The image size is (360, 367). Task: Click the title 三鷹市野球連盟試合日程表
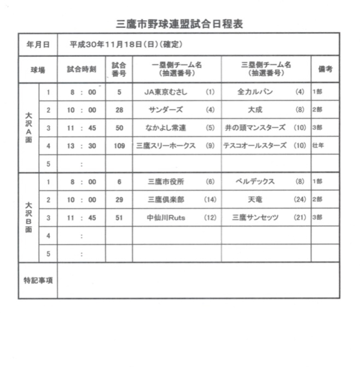[180, 24]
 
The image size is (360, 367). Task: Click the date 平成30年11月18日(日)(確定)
[126, 44]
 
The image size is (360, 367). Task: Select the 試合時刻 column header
[82, 69]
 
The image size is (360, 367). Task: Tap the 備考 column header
[325, 69]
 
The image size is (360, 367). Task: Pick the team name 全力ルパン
[256, 92]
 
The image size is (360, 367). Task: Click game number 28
[119, 110]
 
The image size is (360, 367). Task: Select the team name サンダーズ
[166, 110]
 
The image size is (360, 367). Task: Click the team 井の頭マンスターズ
[255, 128]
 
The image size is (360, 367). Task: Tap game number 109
[119, 146]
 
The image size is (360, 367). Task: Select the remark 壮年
[317, 146]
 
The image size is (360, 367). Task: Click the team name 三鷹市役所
[166, 182]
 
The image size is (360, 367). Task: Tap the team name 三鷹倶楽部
[166, 200]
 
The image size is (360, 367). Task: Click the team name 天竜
[255, 200]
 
